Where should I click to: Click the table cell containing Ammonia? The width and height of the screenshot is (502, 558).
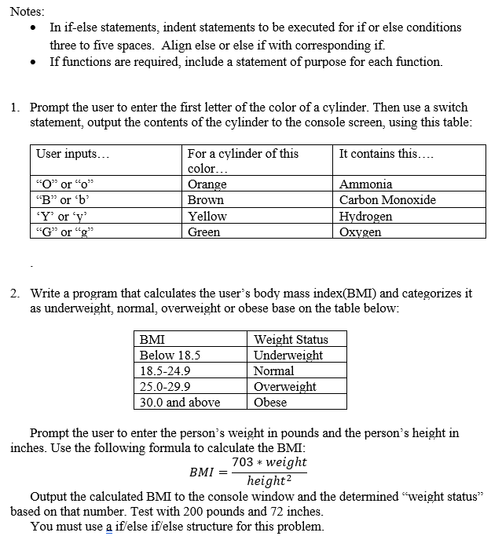tap(365, 184)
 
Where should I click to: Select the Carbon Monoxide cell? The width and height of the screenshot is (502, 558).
tap(387, 200)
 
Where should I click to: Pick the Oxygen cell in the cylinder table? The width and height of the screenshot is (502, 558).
tap(361, 232)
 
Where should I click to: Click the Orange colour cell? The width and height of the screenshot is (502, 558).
tap(207, 184)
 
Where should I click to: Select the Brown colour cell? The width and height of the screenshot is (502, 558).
tap(206, 200)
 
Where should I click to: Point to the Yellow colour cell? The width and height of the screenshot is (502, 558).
tap(207, 217)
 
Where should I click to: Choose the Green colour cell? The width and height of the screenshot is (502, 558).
tap(204, 232)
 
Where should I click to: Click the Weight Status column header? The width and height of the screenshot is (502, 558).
tap(291, 340)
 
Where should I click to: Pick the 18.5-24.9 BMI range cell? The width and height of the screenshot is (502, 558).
tap(165, 371)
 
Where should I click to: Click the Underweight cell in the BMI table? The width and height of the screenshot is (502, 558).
tap(288, 356)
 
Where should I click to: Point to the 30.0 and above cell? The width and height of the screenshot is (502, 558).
tap(180, 403)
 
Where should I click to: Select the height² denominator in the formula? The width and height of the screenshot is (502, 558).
tap(268, 481)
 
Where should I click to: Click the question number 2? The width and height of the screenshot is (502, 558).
tap(15, 294)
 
